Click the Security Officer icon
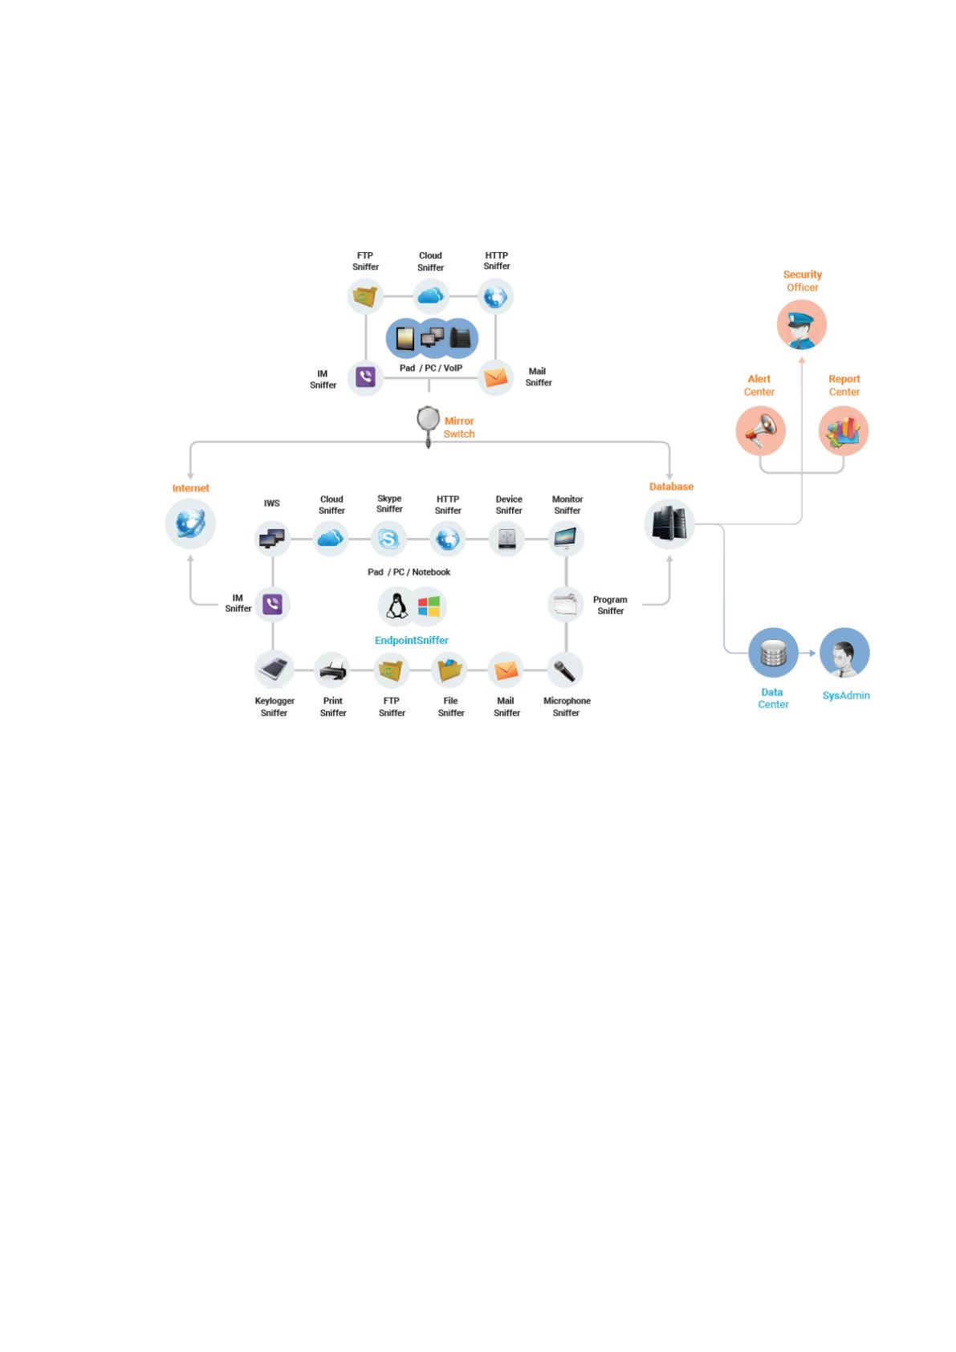(802, 324)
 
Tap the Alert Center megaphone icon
(760, 430)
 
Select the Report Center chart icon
(843, 430)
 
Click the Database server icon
(669, 523)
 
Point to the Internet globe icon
(190, 523)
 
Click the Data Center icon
(773, 653)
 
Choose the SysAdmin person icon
(844, 653)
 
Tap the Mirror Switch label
(458, 427)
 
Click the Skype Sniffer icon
(388, 539)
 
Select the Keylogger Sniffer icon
(274, 670)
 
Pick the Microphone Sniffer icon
(565, 670)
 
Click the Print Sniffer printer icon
(332, 670)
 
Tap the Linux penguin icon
(397, 606)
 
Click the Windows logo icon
(429, 606)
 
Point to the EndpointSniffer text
(412, 641)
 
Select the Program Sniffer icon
(566, 605)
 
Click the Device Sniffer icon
(507, 539)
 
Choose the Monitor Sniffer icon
(566, 539)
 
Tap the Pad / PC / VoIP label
(431, 369)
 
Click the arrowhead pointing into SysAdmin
(812, 653)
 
